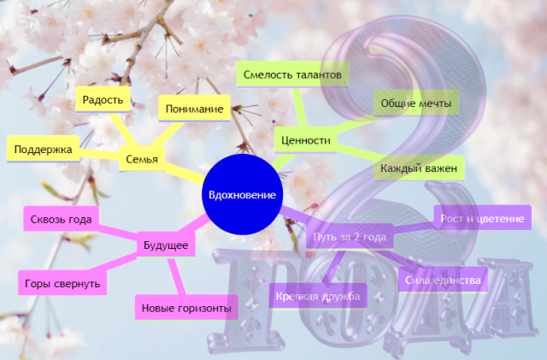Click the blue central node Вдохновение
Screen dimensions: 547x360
point(242,194)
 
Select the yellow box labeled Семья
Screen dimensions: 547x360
point(142,159)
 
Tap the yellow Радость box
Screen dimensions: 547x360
point(103,99)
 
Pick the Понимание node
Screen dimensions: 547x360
point(194,109)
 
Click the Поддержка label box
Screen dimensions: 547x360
point(44,149)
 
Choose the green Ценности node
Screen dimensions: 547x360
point(306,140)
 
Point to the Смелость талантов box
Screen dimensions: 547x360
point(292,74)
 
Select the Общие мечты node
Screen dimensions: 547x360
point(416,103)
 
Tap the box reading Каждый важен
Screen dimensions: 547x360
point(419,168)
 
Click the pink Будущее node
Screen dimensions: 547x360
point(166,245)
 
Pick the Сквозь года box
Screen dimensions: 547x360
point(61,219)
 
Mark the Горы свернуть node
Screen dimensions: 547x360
point(62,283)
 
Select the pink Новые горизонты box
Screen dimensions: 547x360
point(186,308)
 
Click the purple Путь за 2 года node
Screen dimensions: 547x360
point(350,236)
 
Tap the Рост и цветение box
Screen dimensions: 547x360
point(482,218)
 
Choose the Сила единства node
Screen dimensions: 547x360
point(443,280)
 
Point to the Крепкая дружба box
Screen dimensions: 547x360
point(318,296)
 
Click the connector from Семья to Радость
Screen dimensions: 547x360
point(122,129)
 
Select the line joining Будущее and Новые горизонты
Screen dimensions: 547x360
point(177,276)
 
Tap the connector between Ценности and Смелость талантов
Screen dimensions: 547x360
point(300,107)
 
